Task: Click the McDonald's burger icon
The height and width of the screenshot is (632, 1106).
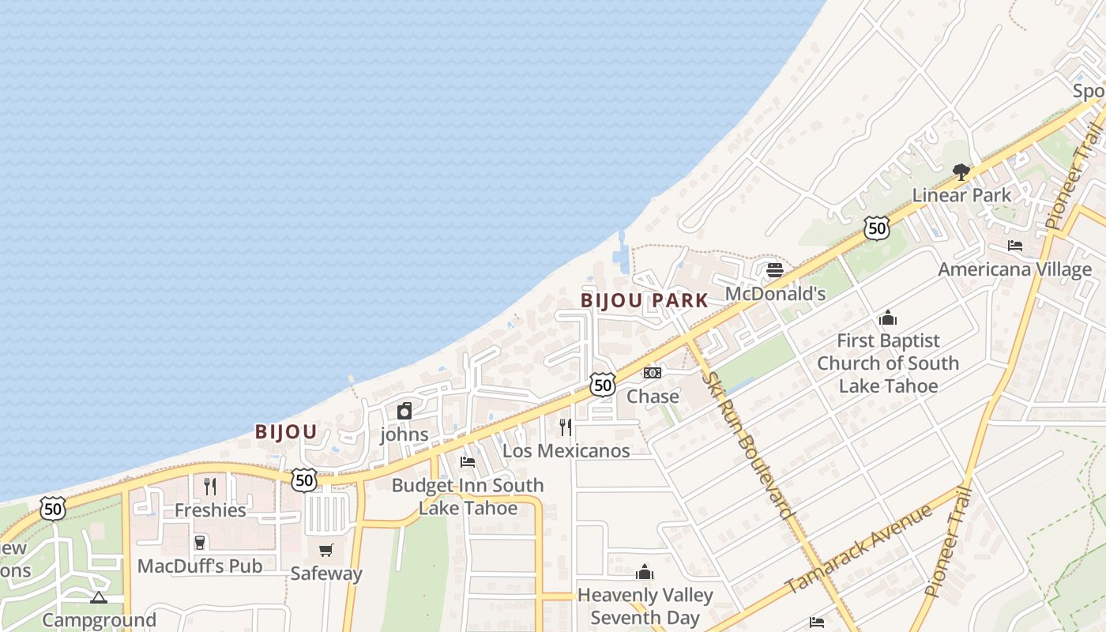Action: (x=774, y=270)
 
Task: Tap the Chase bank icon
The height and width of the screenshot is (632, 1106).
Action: (x=652, y=372)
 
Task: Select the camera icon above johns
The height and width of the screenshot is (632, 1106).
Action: (x=404, y=411)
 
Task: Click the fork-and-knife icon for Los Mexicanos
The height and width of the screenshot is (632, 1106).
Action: (x=566, y=427)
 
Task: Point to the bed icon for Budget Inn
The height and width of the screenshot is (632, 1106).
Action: (x=468, y=461)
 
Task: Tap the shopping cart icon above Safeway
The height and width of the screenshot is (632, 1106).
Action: (x=325, y=550)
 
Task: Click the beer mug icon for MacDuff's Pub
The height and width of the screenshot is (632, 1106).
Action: (x=200, y=542)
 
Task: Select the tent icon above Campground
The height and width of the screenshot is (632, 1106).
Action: (x=98, y=597)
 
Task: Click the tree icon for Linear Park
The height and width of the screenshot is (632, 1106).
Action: (x=961, y=171)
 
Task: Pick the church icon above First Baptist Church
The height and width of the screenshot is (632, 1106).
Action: (x=888, y=318)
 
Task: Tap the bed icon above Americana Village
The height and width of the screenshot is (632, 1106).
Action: (x=1015, y=246)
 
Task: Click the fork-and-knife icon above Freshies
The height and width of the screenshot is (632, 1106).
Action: (x=210, y=486)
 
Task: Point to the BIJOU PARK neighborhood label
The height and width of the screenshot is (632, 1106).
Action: (x=645, y=301)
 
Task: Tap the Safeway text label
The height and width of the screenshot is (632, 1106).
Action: (x=325, y=574)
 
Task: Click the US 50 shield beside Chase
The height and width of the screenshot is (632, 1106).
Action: (x=603, y=385)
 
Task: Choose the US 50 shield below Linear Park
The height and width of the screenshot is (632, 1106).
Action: (x=876, y=228)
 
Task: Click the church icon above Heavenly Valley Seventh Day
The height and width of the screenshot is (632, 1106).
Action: (x=645, y=572)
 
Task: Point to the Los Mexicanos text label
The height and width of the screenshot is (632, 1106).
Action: (x=566, y=451)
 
